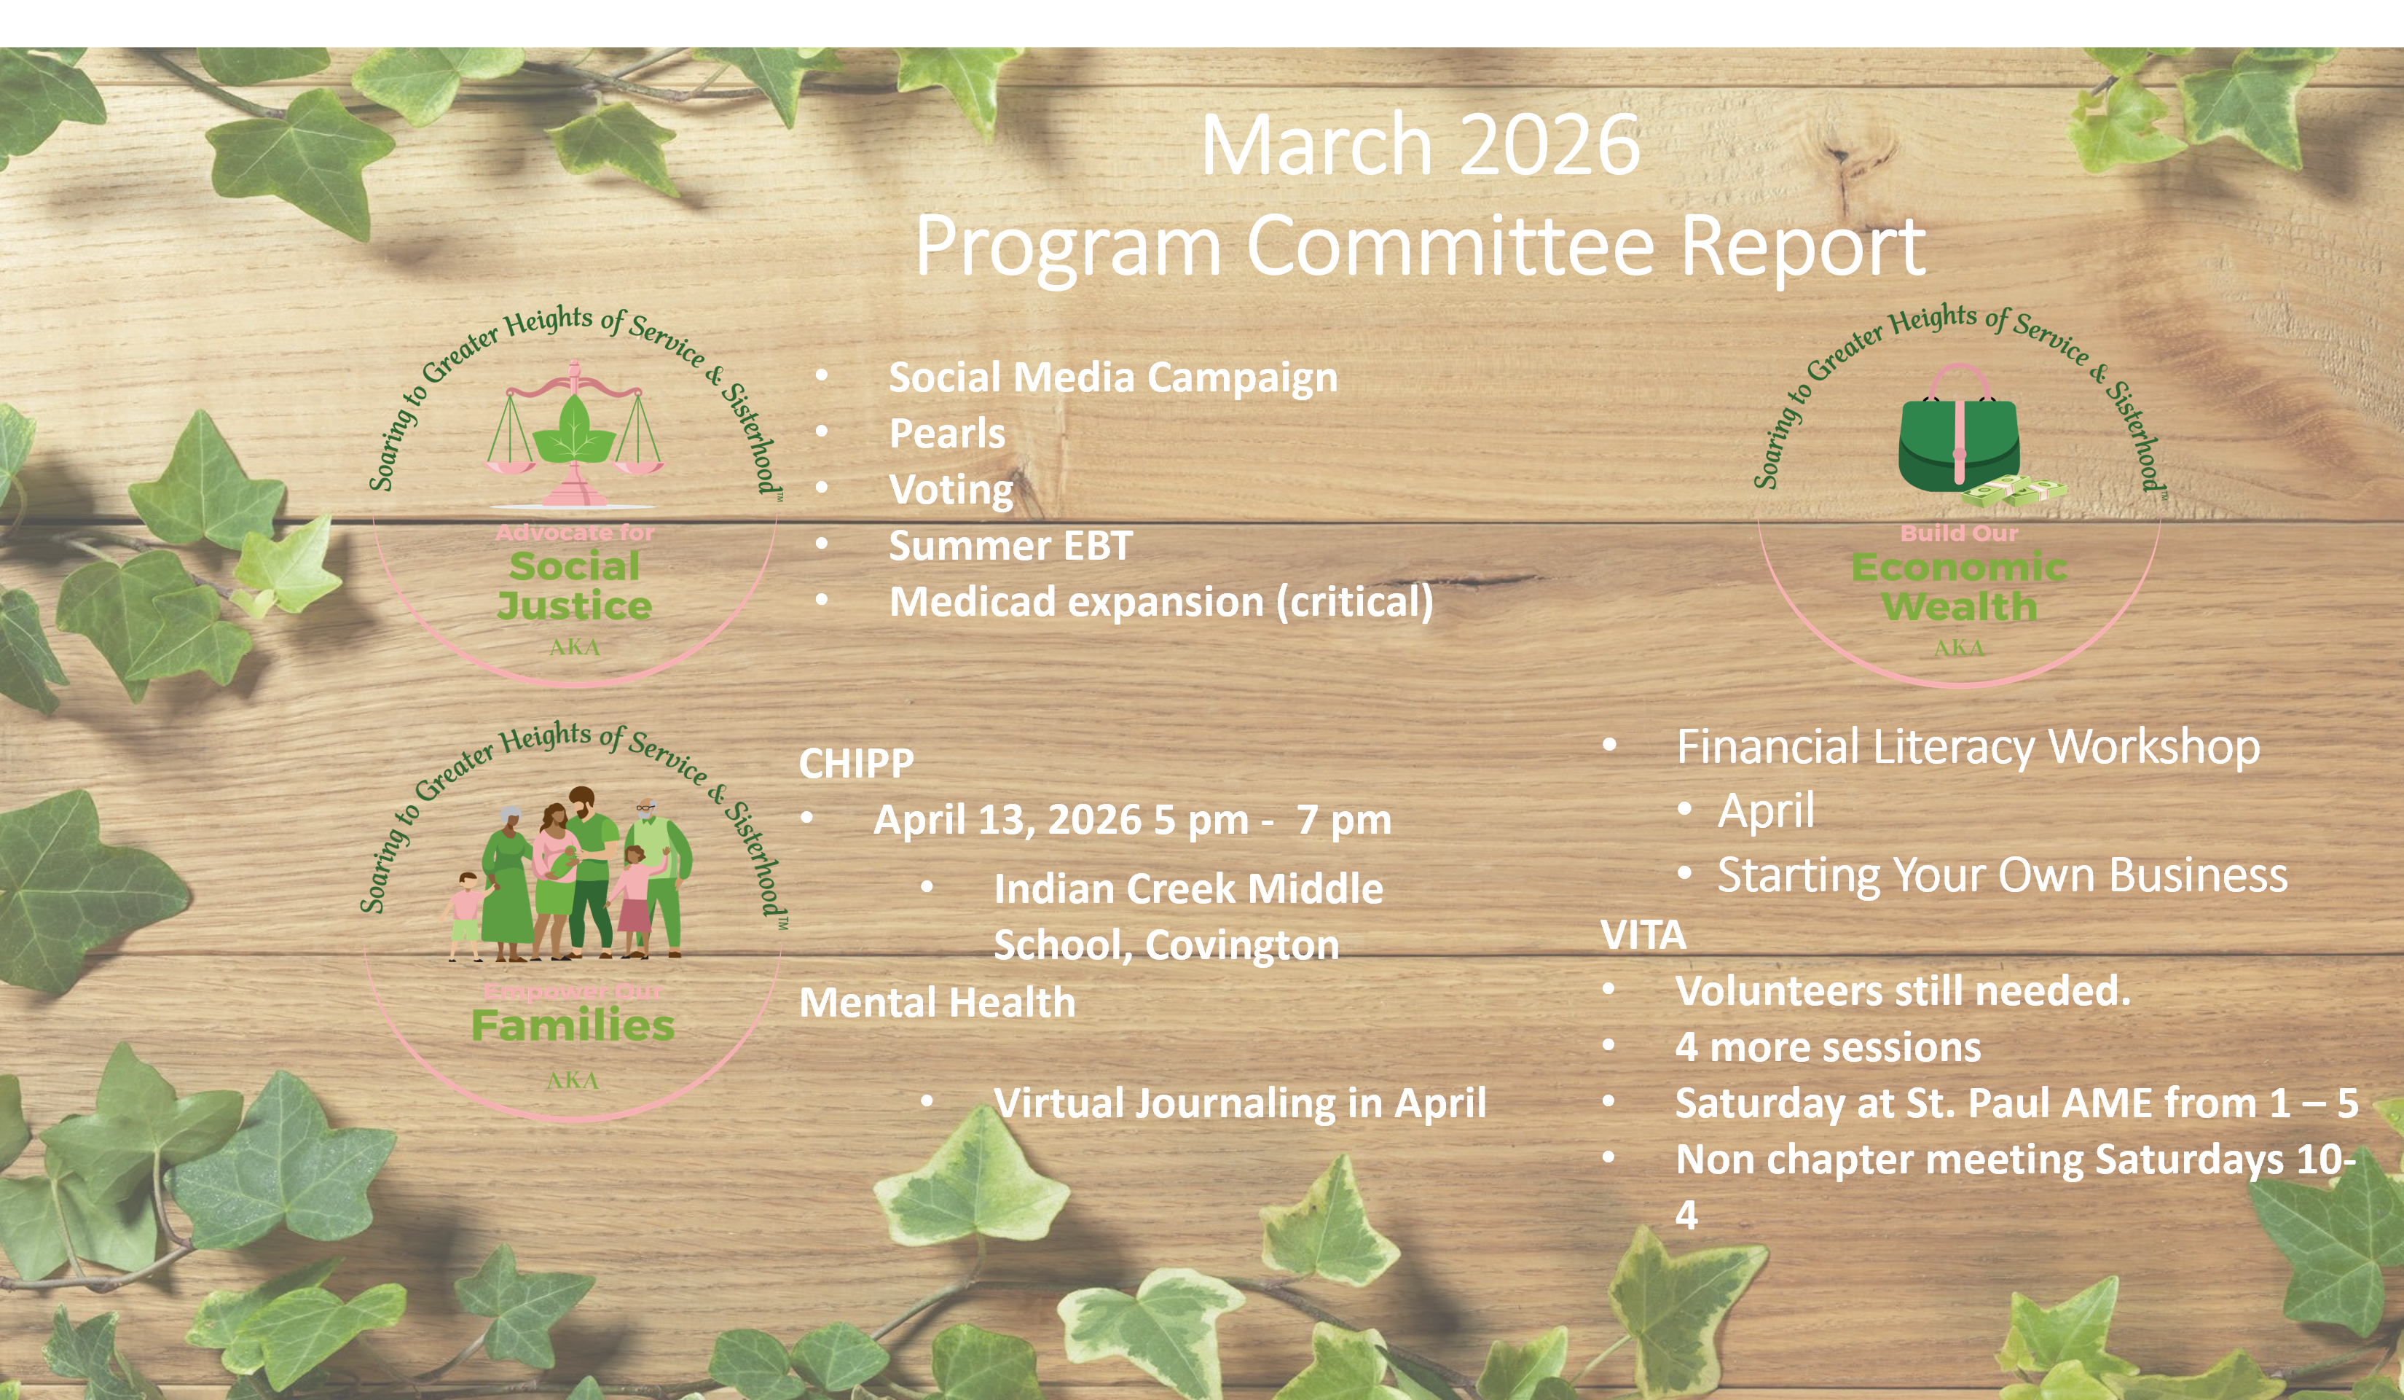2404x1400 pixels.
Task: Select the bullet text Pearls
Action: [946, 434]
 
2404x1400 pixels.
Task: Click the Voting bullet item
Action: [950, 490]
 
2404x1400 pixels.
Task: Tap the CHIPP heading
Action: [856, 764]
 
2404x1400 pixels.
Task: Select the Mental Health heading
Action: [937, 1003]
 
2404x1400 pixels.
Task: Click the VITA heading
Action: [1643, 935]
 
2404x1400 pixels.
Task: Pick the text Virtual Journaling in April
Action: [1239, 1103]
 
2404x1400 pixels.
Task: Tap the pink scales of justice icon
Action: [574, 434]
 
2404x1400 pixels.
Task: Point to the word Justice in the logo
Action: [574, 606]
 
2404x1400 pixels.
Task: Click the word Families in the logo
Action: [573, 1027]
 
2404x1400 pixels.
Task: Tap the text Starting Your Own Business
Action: [2001, 875]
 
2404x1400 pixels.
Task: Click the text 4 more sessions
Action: [1828, 1048]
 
